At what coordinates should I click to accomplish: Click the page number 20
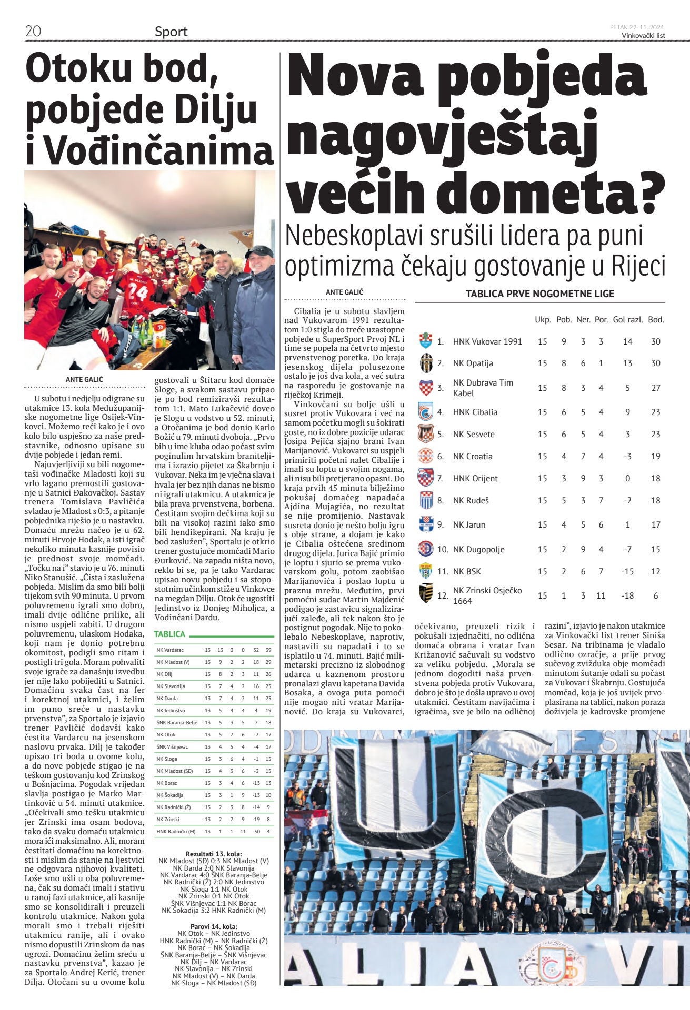pyautogui.click(x=33, y=31)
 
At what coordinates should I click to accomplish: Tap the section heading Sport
pyautogui.click(x=171, y=32)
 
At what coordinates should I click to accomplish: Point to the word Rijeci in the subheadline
pyautogui.click(x=638, y=266)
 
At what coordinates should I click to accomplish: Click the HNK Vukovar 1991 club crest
pyautogui.click(x=425, y=341)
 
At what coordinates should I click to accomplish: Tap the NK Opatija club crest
pyautogui.click(x=425, y=363)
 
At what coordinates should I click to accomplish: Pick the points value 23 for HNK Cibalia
pyautogui.click(x=655, y=412)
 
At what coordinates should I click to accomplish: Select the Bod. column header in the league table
pyautogui.click(x=656, y=319)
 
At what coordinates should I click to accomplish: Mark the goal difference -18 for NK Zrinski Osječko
pyautogui.click(x=627, y=595)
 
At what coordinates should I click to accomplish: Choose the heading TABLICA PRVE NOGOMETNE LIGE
pyautogui.click(x=539, y=294)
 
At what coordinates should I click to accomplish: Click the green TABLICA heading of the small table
pyautogui.click(x=169, y=634)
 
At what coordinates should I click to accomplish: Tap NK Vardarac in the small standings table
pyautogui.click(x=170, y=650)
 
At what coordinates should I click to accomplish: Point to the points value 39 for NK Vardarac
pyautogui.click(x=268, y=650)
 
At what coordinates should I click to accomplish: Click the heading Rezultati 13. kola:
pyautogui.click(x=214, y=854)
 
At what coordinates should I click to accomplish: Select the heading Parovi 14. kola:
pyautogui.click(x=214, y=926)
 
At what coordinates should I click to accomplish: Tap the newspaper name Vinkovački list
pyautogui.click(x=643, y=35)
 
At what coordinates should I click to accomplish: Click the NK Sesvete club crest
pyautogui.click(x=425, y=434)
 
